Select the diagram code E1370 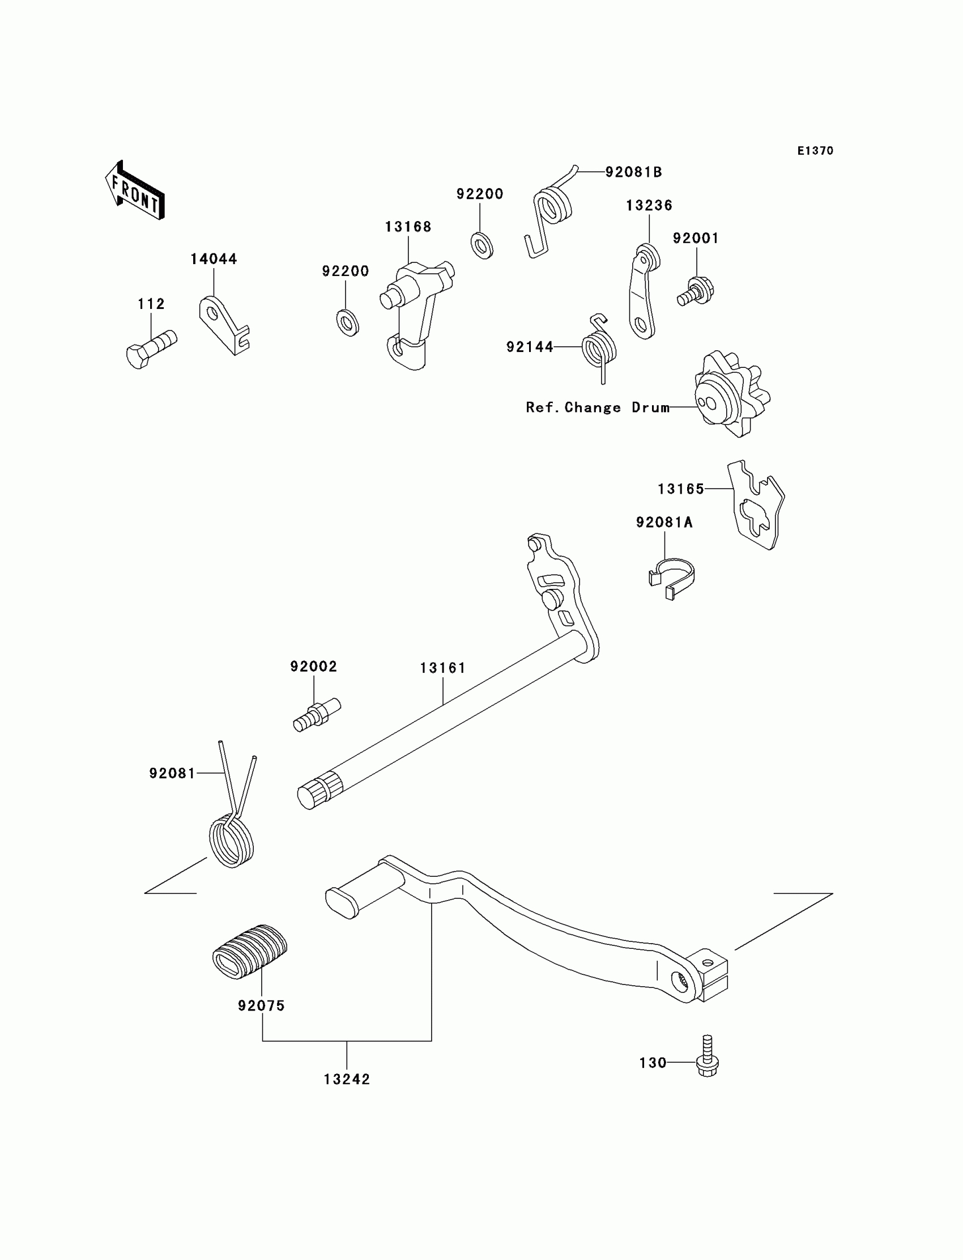click(x=815, y=151)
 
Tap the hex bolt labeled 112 click(x=151, y=349)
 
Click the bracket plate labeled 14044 click(x=224, y=325)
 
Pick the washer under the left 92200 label click(x=347, y=323)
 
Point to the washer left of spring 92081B click(x=482, y=245)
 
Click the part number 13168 click(x=407, y=227)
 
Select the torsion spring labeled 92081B click(x=551, y=213)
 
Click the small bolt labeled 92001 click(x=696, y=291)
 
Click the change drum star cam click(x=732, y=394)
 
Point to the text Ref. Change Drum click(x=598, y=408)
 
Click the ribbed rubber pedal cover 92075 click(x=249, y=952)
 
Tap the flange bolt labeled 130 click(x=708, y=1056)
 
